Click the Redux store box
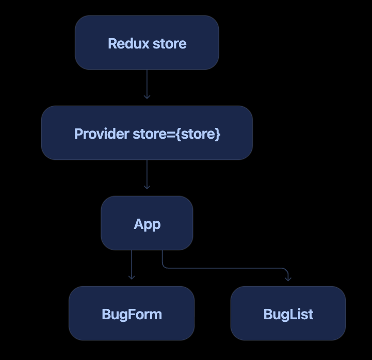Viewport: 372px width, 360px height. [147, 43]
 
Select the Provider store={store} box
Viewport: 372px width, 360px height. [147, 133]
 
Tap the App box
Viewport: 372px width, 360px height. [147, 223]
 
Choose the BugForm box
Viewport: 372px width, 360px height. [132, 313]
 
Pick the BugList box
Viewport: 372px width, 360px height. [288, 313]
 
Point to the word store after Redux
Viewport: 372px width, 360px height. [170, 44]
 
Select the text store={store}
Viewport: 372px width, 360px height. [176, 134]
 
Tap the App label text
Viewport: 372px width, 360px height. [147, 224]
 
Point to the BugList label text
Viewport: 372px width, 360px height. [288, 315]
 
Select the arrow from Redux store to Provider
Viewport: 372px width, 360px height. [147, 84]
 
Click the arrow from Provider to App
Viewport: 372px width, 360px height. [147, 174]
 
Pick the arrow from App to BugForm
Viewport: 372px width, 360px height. [132, 265]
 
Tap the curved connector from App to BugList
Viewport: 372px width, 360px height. [225, 268]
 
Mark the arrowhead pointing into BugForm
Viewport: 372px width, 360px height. [132, 277]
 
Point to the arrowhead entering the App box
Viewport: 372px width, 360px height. [147, 187]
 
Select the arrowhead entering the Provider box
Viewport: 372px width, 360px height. [147, 97]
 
